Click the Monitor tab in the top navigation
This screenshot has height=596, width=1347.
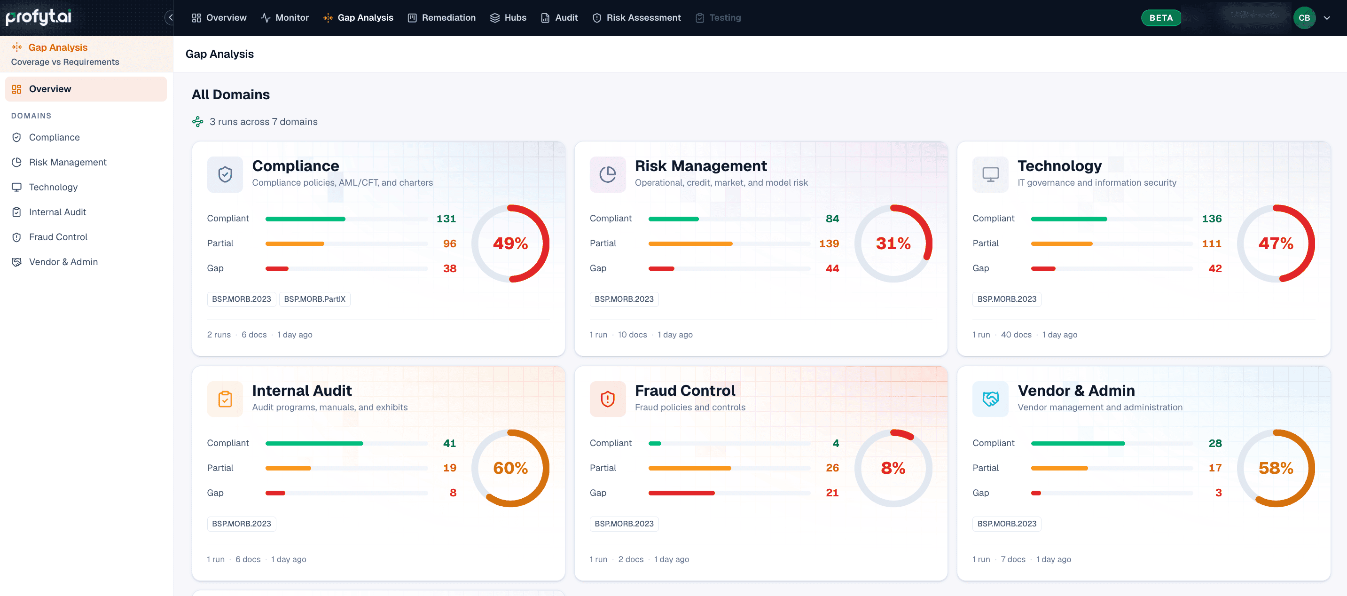click(x=285, y=18)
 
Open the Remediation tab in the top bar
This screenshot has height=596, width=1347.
click(x=442, y=18)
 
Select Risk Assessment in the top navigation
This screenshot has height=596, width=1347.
click(x=637, y=18)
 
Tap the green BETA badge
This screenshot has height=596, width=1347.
click(x=1161, y=18)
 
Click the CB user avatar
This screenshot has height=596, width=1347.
click(x=1304, y=18)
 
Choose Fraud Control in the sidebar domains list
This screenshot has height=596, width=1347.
click(x=58, y=237)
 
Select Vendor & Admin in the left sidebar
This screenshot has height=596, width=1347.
click(x=63, y=262)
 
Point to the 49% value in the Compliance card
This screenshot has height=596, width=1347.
click(x=510, y=243)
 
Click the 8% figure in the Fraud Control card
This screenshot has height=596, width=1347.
click(x=893, y=468)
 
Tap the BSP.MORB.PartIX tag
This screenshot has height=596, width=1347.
click(x=315, y=299)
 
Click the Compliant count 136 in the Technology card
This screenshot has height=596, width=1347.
click(x=1212, y=219)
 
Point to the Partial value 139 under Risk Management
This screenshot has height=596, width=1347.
click(x=829, y=243)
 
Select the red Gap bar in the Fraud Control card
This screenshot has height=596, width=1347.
click(x=681, y=493)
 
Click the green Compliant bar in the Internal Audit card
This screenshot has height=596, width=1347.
click(x=314, y=443)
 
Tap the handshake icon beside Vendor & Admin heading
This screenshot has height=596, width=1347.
click(x=990, y=399)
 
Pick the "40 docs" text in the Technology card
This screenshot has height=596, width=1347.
click(x=1016, y=335)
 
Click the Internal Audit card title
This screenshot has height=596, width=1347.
click(x=302, y=391)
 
